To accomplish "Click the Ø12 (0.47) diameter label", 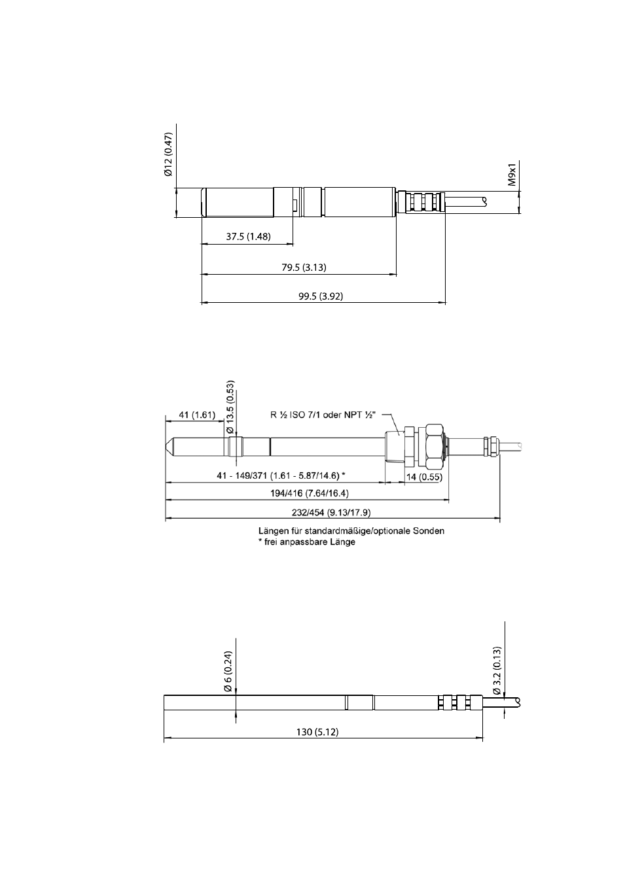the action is [x=169, y=154].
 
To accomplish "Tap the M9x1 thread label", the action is [x=512, y=175].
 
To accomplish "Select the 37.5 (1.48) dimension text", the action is [x=248, y=237].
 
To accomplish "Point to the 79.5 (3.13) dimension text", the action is [x=304, y=268].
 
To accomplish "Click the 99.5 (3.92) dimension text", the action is [x=321, y=296].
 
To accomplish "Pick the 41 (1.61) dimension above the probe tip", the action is [x=197, y=415].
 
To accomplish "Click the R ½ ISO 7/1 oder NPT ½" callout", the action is [x=323, y=415].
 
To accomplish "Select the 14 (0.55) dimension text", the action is [x=424, y=477].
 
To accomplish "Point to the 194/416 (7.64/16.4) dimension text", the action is [x=309, y=493].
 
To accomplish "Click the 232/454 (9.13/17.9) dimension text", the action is [x=331, y=512].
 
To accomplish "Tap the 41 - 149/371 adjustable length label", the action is [x=281, y=476].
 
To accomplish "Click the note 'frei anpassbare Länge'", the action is [x=307, y=542].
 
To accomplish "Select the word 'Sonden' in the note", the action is [x=429, y=530].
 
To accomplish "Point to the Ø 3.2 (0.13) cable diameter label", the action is [x=497, y=670].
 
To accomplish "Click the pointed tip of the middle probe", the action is [x=166, y=447].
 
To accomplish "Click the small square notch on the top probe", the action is [x=295, y=204].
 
